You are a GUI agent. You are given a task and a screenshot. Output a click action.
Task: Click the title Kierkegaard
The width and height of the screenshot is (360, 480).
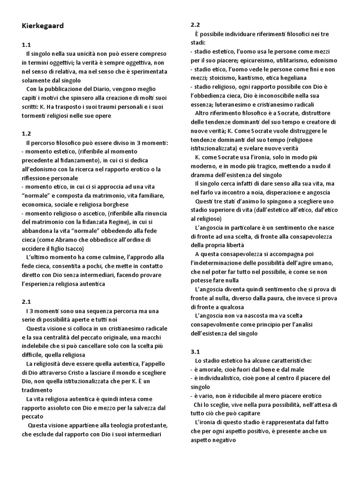tap(43, 26)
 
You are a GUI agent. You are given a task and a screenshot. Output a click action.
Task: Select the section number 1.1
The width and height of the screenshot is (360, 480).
tap(26, 45)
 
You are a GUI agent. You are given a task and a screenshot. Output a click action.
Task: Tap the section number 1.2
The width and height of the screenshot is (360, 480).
tap(26, 133)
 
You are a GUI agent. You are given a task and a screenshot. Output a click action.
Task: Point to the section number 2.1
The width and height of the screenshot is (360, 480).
tap(26, 301)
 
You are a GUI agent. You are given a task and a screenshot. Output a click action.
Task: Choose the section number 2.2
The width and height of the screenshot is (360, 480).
tap(195, 24)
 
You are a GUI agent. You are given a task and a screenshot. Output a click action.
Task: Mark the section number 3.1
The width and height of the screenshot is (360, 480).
tap(195, 351)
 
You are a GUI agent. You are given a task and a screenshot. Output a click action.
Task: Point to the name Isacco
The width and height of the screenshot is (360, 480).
tap(74, 248)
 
